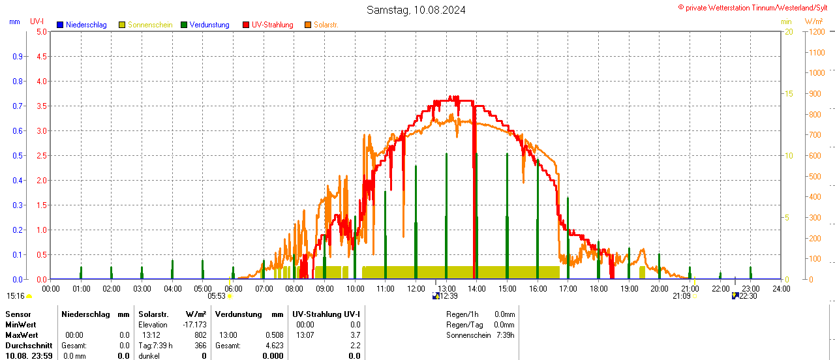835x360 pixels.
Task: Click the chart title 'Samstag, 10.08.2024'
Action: [416, 10]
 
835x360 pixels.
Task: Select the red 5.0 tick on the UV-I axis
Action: [42, 31]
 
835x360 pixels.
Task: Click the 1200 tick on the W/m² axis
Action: [815, 31]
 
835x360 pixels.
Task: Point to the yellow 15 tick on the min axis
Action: [789, 93]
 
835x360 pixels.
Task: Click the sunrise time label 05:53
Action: [217, 296]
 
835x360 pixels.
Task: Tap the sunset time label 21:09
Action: [681, 296]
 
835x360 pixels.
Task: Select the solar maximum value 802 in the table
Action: [200, 335]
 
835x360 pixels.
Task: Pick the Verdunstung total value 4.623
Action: [274, 346]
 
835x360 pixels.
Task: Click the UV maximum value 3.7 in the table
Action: [355, 335]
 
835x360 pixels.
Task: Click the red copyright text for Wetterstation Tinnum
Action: [756, 7]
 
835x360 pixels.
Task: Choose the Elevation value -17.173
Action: [195, 325]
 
